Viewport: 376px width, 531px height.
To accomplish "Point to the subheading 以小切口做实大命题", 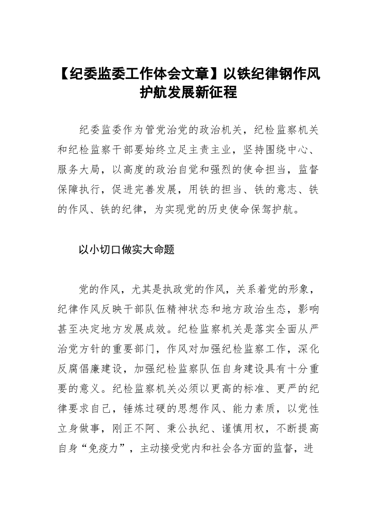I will coord(126,250).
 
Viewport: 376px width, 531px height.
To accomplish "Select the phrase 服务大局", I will coord(81,169).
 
